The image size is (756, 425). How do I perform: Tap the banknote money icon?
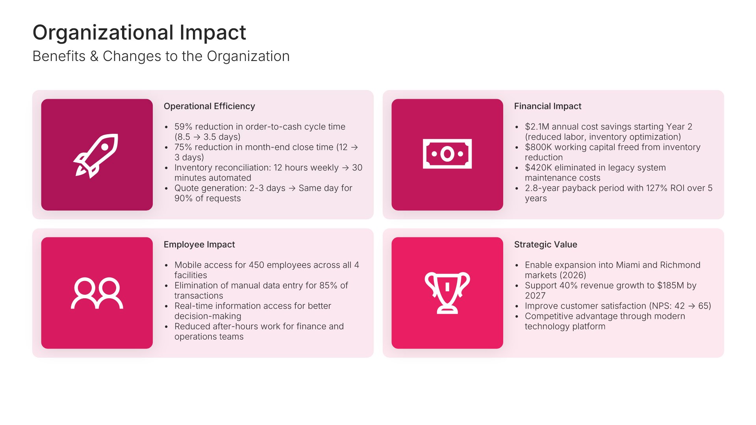tap(447, 154)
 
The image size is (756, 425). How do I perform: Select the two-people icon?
tap(97, 293)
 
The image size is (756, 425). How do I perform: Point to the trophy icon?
tap(447, 293)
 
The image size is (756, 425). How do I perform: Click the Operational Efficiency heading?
tap(209, 106)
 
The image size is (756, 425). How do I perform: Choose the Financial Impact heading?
tap(548, 106)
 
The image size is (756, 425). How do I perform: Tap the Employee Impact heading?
tap(199, 244)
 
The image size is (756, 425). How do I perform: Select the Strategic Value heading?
tap(546, 244)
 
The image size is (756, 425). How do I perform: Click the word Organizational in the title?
tap(103, 33)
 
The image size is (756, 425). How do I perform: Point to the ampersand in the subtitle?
tap(94, 56)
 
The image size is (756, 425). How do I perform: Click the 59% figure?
tap(183, 127)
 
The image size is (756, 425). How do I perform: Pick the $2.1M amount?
tap(537, 127)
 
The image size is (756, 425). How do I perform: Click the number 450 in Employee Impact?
tap(256, 265)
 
